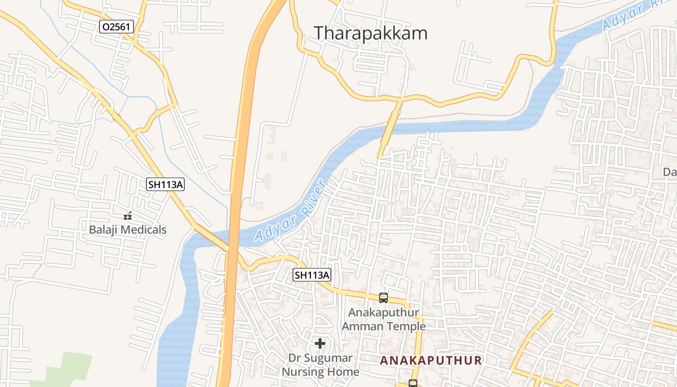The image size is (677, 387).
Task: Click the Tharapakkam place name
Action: click(x=370, y=33)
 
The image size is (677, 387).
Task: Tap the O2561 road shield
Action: click(x=117, y=27)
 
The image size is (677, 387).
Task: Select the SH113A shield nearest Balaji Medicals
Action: click(x=166, y=184)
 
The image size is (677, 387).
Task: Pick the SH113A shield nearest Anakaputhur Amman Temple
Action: click(x=312, y=275)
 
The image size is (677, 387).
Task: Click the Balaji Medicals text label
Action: click(x=128, y=229)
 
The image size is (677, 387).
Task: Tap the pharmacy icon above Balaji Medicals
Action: click(x=128, y=216)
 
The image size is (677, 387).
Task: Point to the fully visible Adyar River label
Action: click(x=290, y=210)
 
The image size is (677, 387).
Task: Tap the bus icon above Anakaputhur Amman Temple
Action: click(x=383, y=298)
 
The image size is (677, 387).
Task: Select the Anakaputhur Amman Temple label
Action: click(x=383, y=319)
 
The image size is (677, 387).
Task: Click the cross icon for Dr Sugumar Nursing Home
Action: click(x=320, y=343)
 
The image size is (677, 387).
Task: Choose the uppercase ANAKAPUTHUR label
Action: click(x=431, y=360)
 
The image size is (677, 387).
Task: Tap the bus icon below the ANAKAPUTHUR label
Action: click(x=413, y=384)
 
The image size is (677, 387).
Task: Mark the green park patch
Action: click(x=68, y=370)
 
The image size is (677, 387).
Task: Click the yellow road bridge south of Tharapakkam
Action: click(x=389, y=129)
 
